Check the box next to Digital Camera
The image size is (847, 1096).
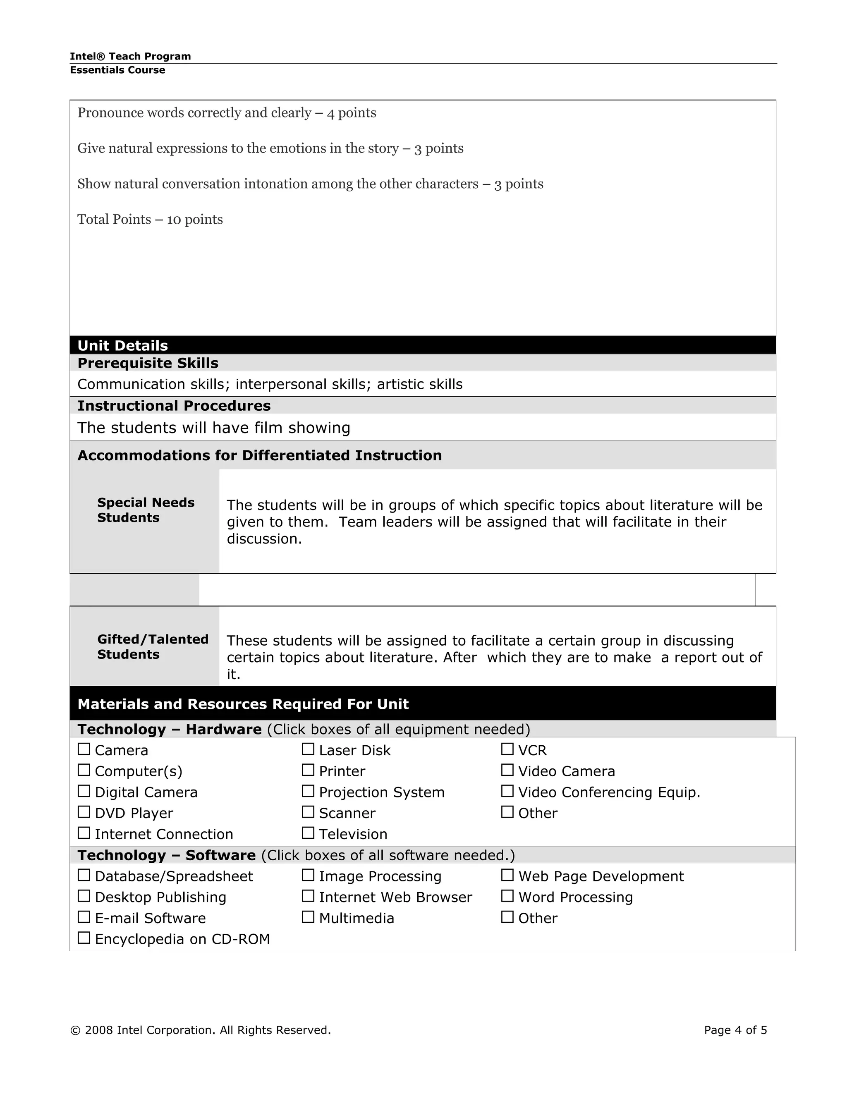coord(84,791)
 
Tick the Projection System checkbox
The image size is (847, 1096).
coord(308,791)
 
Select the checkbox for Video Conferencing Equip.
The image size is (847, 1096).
coord(507,791)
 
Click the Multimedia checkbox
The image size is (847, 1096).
coord(308,917)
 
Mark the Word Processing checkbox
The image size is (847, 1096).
coord(507,896)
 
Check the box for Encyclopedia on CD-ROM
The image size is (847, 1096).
coord(84,938)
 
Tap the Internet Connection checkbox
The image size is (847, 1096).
coord(84,833)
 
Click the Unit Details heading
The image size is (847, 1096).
coord(123,346)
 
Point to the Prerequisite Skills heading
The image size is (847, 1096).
coord(148,363)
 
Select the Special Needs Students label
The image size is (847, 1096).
coord(146,510)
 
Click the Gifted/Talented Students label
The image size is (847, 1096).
coord(153,647)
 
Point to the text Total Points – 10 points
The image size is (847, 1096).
coord(150,219)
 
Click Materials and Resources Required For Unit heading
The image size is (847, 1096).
coord(243,704)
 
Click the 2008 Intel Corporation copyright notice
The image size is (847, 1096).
coord(201,1030)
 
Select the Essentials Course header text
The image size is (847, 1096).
coord(117,70)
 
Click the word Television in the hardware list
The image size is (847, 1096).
coord(353,834)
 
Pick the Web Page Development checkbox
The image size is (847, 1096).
coord(507,875)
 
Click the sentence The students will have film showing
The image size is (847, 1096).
coord(214,428)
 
